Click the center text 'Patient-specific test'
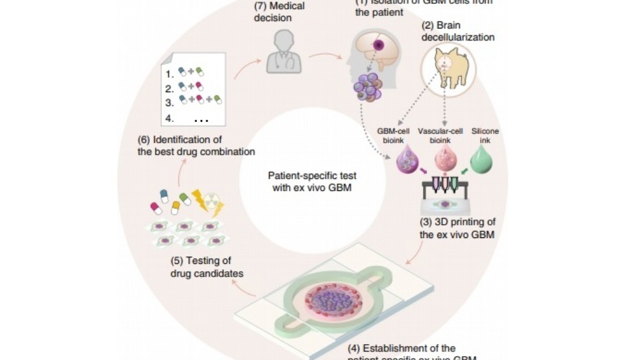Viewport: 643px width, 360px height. click(x=312, y=176)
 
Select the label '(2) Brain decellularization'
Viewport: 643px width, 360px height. click(x=458, y=32)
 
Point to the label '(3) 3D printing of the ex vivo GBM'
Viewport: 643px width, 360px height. click(x=457, y=227)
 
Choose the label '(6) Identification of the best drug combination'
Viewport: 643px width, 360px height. click(x=196, y=146)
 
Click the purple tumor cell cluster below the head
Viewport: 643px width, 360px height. click(x=366, y=88)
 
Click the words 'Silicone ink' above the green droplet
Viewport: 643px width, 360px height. click(x=485, y=136)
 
